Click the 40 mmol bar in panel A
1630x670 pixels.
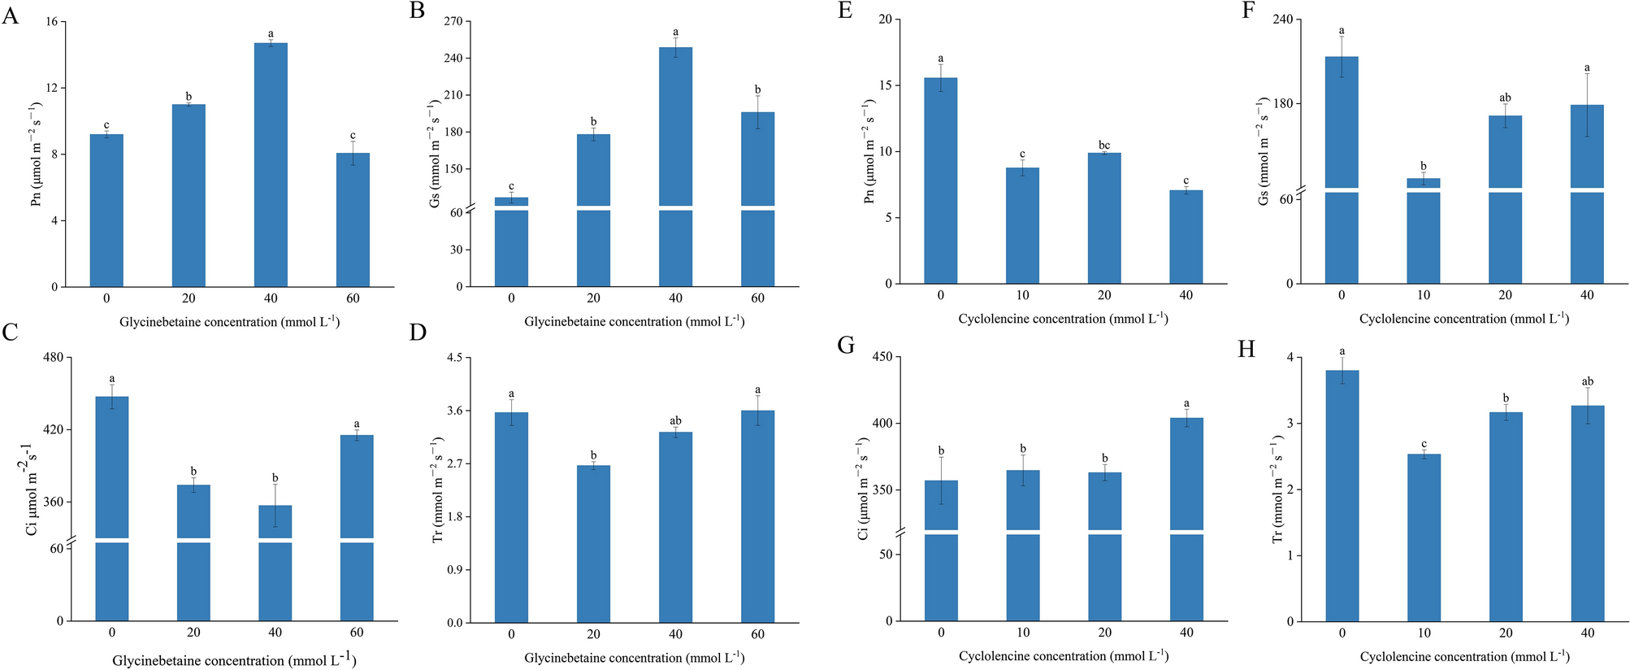[x=271, y=163]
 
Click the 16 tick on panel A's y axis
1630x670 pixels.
[x=50, y=22]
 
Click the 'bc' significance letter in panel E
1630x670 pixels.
[x=1103, y=146]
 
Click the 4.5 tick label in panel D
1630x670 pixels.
[x=453, y=358]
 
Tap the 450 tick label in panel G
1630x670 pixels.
[x=881, y=357]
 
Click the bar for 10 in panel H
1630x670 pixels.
[x=1424, y=537]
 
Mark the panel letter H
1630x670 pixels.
[x=1246, y=349]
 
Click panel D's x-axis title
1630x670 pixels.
[x=634, y=657]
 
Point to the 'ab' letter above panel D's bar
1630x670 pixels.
[x=675, y=420]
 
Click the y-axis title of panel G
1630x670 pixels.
[x=863, y=488]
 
